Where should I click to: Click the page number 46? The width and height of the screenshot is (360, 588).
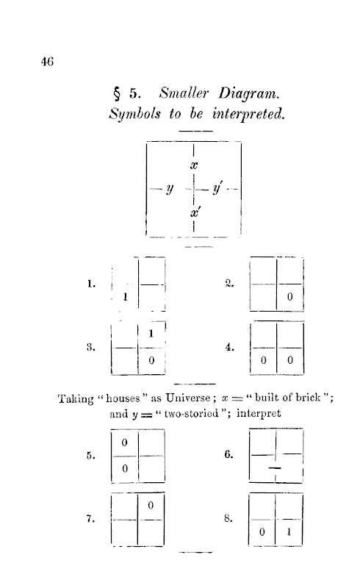[x=47, y=62]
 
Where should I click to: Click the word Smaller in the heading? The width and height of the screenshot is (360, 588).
[x=184, y=93]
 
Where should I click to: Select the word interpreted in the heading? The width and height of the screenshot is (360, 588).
[x=248, y=113]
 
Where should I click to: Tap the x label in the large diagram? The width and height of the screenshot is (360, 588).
[x=193, y=165]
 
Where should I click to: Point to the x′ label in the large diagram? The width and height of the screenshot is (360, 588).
[x=194, y=212]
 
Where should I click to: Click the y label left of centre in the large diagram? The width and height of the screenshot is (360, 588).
[x=170, y=189]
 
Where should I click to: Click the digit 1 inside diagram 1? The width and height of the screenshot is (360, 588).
[x=125, y=297]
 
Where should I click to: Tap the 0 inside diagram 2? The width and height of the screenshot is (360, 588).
[x=289, y=297]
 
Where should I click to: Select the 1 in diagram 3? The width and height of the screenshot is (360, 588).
[x=151, y=333]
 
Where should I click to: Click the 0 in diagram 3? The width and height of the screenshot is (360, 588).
[x=151, y=360]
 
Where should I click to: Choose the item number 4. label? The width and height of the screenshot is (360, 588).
[x=229, y=347]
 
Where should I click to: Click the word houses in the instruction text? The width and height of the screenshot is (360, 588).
[x=123, y=398]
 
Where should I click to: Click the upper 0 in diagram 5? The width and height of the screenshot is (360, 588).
[x=124, y=442]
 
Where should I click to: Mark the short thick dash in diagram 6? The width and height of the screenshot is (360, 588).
[x=275, y=467]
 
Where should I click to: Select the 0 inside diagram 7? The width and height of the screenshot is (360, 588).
[x=151, y=506]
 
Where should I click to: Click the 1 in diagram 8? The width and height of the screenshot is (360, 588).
[x=289, y=531]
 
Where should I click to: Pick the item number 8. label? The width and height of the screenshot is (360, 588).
[x=228, y=518]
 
